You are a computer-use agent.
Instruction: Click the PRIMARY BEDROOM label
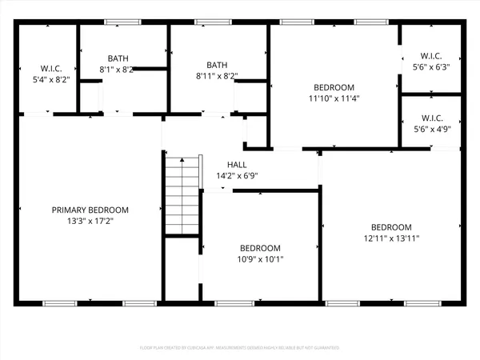click(90, 210)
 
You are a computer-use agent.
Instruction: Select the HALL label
click(237, 165)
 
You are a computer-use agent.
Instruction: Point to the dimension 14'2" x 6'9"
click(237, 176)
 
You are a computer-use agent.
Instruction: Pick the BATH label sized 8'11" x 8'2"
click(217, 65)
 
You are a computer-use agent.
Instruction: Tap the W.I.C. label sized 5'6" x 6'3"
click(430, 56)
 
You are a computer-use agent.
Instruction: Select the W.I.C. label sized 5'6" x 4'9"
click(430, 117)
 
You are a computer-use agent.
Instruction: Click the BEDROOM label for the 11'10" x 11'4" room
click(334, 87)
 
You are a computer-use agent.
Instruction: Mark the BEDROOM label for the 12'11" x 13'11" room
click(391, 226)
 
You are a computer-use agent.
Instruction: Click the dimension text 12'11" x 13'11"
click(391, 238)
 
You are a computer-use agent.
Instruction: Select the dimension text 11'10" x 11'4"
click(334, 98)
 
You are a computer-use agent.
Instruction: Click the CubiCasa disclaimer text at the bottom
click(240, 348)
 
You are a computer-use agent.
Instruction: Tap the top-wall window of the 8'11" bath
click(210, 22)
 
